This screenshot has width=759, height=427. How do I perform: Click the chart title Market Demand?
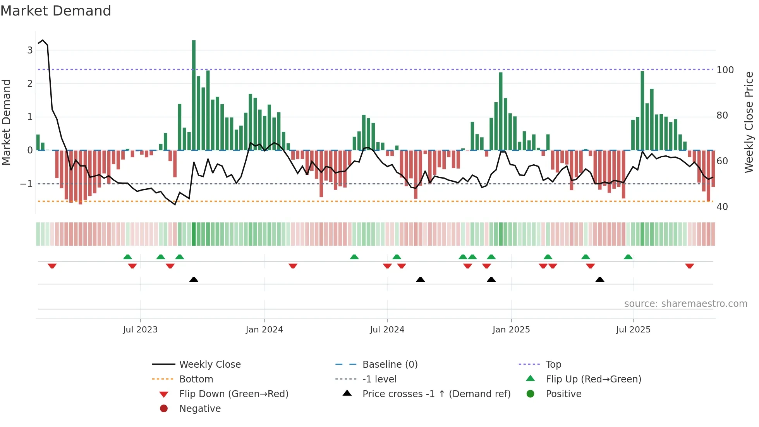(x=56, y=11)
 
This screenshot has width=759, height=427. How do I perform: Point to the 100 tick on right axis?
(x=725, y=70)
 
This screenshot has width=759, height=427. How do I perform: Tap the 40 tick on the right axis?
(x=722, y=207)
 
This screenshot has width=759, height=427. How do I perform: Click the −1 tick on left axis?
(x=26, y=184)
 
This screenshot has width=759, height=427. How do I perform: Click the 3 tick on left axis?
(x=30, y=50)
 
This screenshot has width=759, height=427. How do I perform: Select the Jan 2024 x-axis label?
(x=264, y=330)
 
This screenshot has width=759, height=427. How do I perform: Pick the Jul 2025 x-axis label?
(x=633, y=330)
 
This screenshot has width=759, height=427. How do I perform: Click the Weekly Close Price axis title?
(x=749, y=122)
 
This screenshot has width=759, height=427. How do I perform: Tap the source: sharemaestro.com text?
(x=685, y=304)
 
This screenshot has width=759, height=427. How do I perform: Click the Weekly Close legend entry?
(x=209, y=365)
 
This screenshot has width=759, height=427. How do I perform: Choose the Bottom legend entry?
(x=196, y=379)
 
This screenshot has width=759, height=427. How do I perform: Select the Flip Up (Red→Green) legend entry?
(x=593, y=379)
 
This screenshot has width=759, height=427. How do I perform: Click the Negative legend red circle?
(x=164, y=409)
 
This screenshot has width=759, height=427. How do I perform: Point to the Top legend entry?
(x=553, y=365)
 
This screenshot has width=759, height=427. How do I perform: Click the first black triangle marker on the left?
(x=194, y=279)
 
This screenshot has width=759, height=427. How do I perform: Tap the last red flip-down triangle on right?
(x=689, y=266)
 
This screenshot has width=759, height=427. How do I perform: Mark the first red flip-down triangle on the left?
(x=52, y=266)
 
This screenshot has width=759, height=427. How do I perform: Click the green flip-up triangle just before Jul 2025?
(x=628, y=257)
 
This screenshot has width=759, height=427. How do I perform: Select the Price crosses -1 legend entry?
(x=436, y=394)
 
